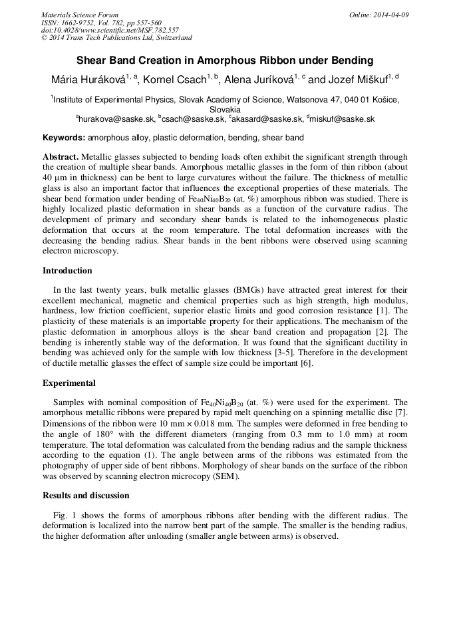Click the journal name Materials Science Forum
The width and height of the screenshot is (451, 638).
[x=80, y=15]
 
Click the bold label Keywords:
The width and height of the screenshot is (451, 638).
[x=64, y=138]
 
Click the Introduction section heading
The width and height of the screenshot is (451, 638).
[x=67, y=271]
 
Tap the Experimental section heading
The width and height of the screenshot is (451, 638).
[x=69, y=383]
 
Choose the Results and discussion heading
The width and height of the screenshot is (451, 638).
[x=86, y=496]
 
